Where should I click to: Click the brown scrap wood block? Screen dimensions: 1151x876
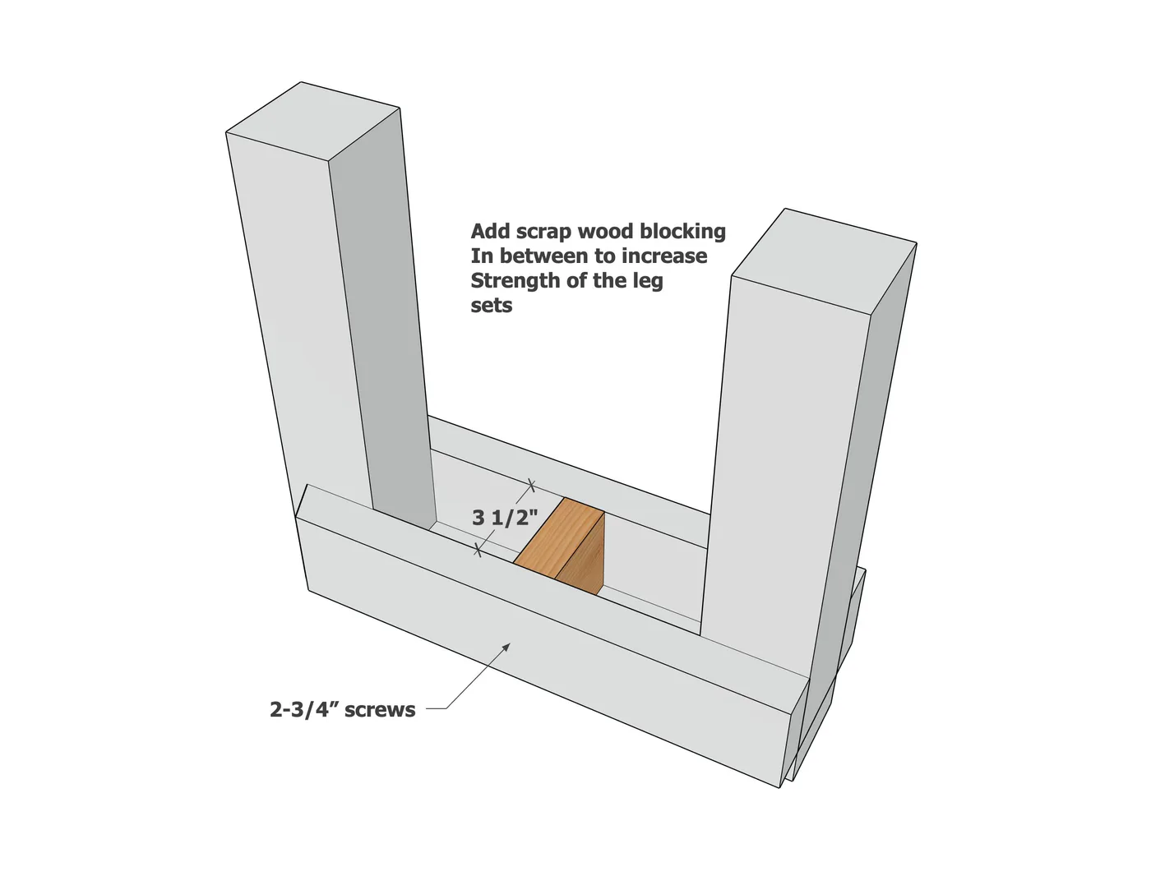coord(560,546)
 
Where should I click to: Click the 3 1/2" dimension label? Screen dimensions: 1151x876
coord(505,518)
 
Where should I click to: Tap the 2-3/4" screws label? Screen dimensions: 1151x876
coord(342,710)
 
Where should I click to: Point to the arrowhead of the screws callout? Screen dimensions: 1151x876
coord(506,648)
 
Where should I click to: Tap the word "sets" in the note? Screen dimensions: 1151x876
coord(492,306)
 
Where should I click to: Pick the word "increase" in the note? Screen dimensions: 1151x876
coord(664,256)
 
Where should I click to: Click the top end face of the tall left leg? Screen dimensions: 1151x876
coord(313,121)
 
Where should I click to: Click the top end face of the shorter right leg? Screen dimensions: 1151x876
coord(824,261)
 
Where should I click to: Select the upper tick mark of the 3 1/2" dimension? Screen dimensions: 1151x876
coord(531,485)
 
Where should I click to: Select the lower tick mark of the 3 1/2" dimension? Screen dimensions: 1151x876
coord(477,550)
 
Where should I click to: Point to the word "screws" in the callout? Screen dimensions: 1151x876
coord(380,711)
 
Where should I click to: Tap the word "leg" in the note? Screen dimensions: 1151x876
coord(650,282)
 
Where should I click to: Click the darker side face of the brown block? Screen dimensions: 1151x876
coord(580,555)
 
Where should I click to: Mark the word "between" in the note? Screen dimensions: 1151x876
coord(543,256)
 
